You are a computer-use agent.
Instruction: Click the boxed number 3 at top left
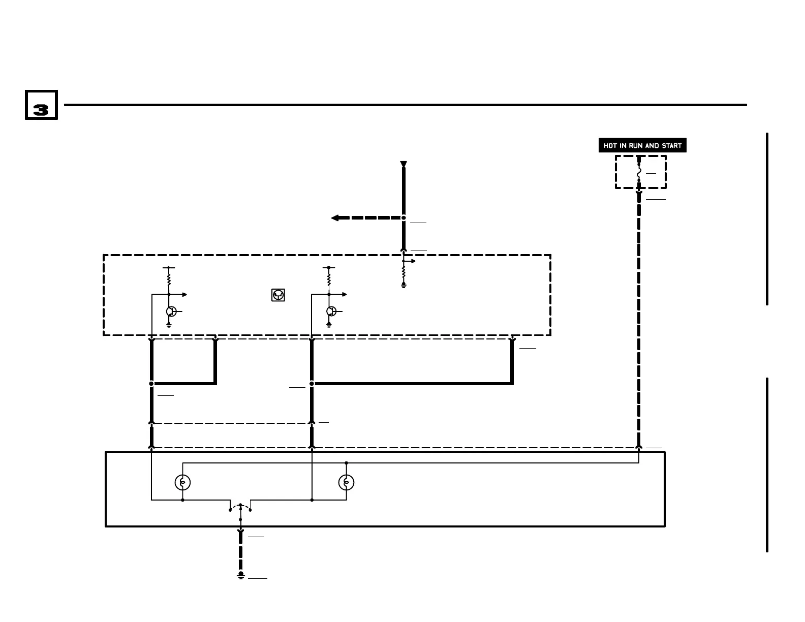tap(41, 105)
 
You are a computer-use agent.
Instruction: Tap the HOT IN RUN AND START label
tap(642, 145)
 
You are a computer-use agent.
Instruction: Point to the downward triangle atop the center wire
tap(404, 164)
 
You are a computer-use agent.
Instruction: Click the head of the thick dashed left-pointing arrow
tap(335, 218)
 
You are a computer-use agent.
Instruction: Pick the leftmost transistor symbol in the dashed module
tap(171, 312)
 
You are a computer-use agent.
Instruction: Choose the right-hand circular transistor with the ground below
tap(331, 312)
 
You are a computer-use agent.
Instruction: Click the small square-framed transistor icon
tap(278, 295)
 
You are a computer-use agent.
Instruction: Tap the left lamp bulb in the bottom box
tap(182, 482)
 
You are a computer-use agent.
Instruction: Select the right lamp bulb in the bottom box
tap(346, 482)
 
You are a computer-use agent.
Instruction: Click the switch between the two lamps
tap(240, 508)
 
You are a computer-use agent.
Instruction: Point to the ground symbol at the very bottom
tap(241, 575)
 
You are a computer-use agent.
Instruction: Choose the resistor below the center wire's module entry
tap(404, 273)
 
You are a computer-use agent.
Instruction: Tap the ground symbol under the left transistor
tap(169, 324)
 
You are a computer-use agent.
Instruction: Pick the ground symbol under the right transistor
tap(329, 324)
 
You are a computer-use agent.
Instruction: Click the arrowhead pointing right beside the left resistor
tap(184, 295)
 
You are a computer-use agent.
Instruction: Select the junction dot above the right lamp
tap(346, 463)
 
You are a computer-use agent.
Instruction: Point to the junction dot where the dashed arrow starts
tap(404, 218)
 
